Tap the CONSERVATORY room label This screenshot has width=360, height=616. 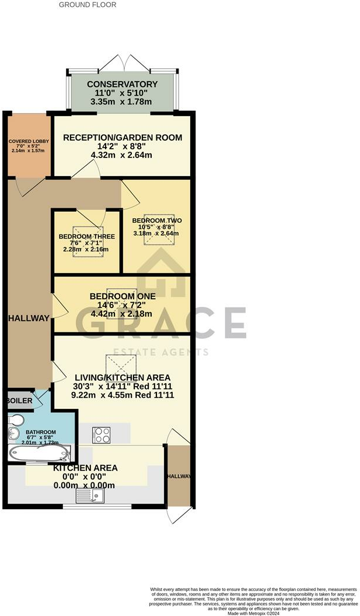(x=123, y=85)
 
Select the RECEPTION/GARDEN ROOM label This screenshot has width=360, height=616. (x=123, y=138)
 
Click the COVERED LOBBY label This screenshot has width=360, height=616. (x=29, y=142)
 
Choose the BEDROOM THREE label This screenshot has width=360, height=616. (x=86, y=236)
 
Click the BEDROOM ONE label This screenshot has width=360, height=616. (x=122, y=296)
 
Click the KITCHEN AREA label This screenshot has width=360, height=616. (x=85, y=468)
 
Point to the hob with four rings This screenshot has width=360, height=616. (x=102, y=435)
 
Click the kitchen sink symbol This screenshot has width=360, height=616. (x=90, y=496)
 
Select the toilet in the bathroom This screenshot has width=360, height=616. (x=16, y=420)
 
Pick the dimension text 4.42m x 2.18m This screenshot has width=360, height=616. (x=122, y=313)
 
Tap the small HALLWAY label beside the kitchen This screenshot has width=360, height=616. (x=179, y=477)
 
